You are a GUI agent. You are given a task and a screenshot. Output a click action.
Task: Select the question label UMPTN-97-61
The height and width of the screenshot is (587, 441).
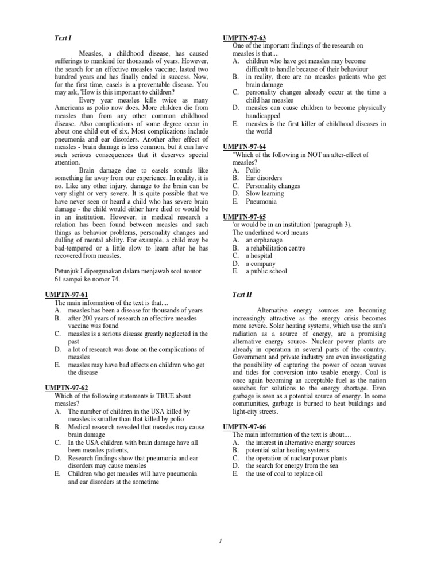(x=67, y=295)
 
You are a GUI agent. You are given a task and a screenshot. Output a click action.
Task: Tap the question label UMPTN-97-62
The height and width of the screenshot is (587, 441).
(x=67, y=388)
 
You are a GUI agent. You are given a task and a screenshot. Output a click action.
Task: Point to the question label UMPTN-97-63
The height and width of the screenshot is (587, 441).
(x=244, y=38)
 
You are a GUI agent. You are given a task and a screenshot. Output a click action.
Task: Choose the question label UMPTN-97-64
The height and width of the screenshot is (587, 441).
(x=244, y=147)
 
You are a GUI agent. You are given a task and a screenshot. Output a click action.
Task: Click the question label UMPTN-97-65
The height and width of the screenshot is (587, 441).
(x=244, y=217)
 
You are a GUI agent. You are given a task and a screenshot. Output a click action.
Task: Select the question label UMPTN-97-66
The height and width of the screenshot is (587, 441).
(x=244, y=427)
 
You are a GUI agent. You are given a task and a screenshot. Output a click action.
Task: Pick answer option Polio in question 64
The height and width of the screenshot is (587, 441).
(x=253, y=170)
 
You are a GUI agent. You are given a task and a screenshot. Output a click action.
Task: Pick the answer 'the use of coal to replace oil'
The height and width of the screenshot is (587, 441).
(x=284, y=474)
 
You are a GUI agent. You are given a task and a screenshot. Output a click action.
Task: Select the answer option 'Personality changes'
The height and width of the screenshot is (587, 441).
(x=273, y=186)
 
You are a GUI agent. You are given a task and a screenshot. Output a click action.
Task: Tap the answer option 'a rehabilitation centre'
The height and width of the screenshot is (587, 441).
(x=275, y=248)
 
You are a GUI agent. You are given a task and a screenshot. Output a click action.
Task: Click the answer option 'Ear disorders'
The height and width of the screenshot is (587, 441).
(x=264, y=178)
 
